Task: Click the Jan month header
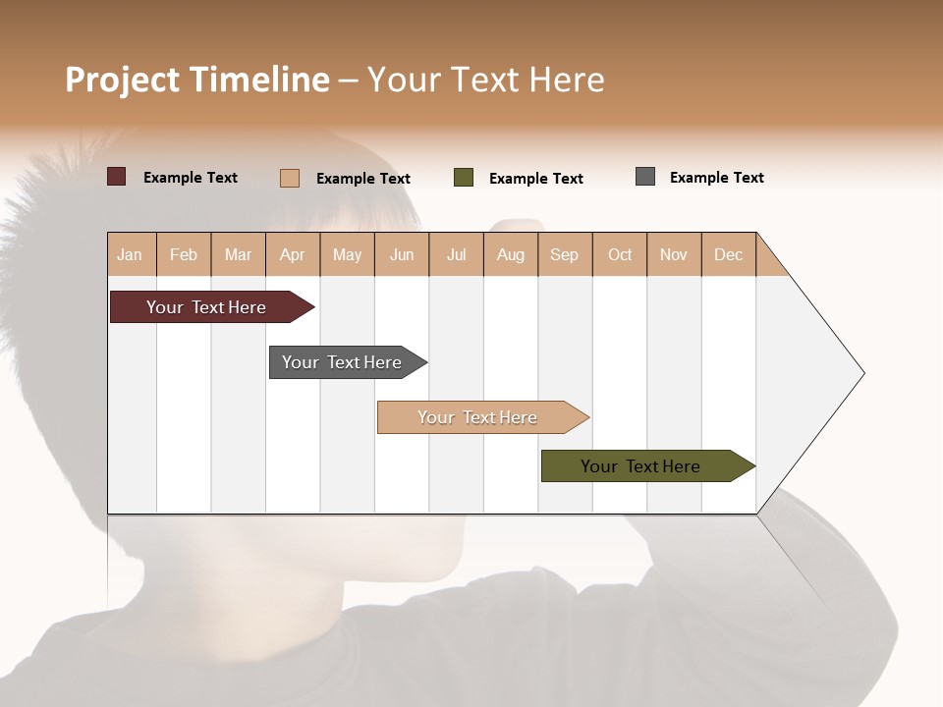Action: [x=131, y=254]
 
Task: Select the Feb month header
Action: [x=184, y=254]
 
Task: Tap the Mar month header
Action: [x=238, y=254]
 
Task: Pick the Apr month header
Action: [x=293, y=254]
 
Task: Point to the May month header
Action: [x=347, y=254]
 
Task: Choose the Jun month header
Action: [x=402, y=254]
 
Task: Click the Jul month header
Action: [x=456, y=254]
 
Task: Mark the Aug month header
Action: [x=511, y=254]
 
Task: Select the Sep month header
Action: [x=565, y=254]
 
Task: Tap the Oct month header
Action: [x=620, y=254]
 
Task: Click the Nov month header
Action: [x=674, y=254]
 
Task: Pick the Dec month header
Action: [x=728, y=254]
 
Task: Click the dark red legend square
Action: [x=117, y=177]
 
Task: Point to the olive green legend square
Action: [x=464, y=178]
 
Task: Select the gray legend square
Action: [x=645, y=177]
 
